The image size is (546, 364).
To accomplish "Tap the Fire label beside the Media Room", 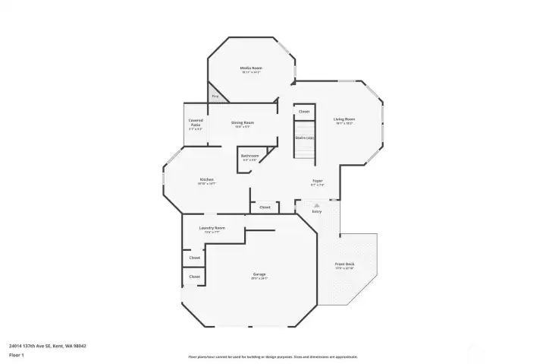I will [215, 97].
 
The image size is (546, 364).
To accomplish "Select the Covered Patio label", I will [196, 122].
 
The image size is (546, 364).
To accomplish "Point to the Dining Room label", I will [243, 122].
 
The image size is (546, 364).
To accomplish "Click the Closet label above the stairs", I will [304, 112].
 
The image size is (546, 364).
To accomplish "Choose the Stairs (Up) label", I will [304, 138].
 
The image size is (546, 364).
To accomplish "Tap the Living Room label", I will [345, 119].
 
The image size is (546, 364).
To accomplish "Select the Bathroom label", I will [250, 156].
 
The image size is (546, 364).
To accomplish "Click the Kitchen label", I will [207, 179].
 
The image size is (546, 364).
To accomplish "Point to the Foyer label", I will [318, 181].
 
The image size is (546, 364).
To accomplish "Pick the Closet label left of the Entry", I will [265, 207].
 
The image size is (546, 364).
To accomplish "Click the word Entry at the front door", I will [317, 211].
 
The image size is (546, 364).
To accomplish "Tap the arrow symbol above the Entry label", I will [317, 205].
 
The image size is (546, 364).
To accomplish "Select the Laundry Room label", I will [212, 228].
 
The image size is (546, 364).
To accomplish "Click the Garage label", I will [259, 274].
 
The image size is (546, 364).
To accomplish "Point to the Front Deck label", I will [345, 264].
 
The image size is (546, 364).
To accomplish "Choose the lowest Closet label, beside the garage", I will [195, 277].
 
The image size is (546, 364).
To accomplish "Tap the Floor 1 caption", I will [16, 355].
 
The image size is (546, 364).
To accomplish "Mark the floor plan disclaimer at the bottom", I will [273, 356].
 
